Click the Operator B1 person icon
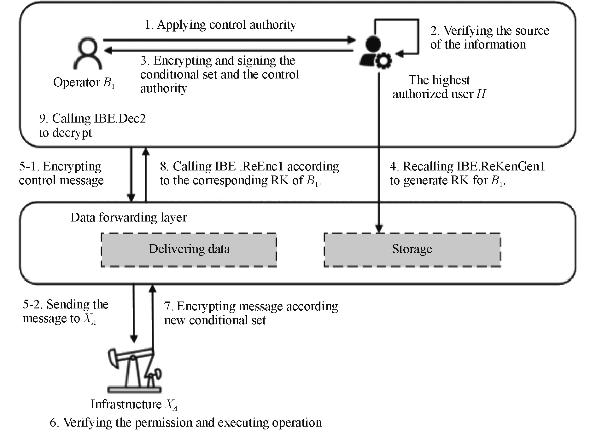tap(87, 54)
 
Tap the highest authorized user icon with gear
tap(375, 53)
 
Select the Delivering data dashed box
tap(189, 250)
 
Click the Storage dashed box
tap(412, 250)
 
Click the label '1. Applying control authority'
tap(220, 25)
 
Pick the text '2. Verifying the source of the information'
tap(489, 37)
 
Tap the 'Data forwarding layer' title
tap(128, 217)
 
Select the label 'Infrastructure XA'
tap(134, 405)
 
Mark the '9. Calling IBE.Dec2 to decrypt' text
tap(92, 125)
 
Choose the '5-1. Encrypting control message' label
tap(61, 173)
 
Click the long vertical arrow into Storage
tap(379, 151)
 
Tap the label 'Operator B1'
tap(84, 83)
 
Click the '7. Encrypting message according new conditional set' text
tap(251, 313)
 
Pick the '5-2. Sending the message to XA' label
tap(65, 311)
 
